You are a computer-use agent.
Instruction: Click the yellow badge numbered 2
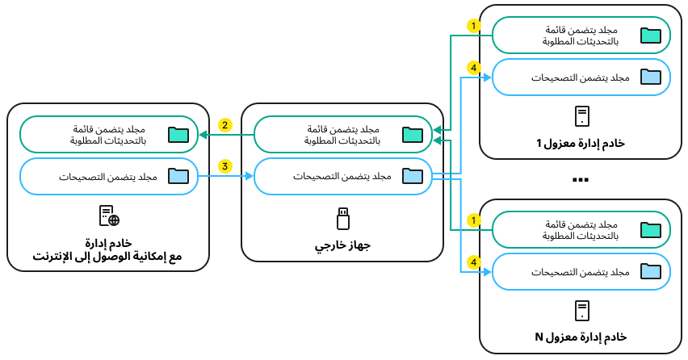click(225, 125)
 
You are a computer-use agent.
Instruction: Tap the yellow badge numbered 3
click(225, 166)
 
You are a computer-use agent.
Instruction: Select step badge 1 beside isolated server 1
click(475, 26)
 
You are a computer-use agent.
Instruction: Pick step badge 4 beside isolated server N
click(475, 262)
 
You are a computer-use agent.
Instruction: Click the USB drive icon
click(343, 218)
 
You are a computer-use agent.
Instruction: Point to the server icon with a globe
click(109, 216)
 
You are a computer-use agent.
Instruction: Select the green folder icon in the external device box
click(413, 134)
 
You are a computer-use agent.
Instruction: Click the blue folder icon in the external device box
click(413, 176)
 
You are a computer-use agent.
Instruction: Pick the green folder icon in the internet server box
click(178, 134)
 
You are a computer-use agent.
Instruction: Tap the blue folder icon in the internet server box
click(178, 176)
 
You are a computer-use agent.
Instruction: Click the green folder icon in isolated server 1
click(650, 36)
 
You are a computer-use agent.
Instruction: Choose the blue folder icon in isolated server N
click(650, 272)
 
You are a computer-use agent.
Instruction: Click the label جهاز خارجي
click(343, 243)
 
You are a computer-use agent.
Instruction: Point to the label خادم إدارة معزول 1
click(581, 143)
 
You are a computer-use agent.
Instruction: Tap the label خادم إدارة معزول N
click(581, 336)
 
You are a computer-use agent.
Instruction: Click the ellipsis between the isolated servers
click(581, 179)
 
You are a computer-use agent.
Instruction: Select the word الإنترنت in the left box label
click(55, 257)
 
